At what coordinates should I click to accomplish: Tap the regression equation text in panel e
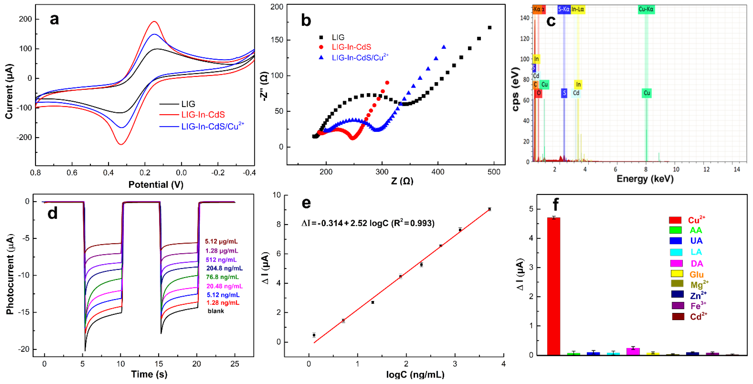click(x=368, y=223)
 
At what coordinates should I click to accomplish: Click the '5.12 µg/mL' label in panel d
click(x=221, y=242)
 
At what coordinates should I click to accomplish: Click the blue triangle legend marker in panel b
click(x=321, y=58)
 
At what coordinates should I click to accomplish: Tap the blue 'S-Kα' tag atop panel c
click(x=564, y=9)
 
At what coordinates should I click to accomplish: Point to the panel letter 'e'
click(x=306, y=203)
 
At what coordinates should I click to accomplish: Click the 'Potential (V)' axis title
click(x=156, y=185)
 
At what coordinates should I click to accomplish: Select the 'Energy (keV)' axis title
click(x=645, y=179)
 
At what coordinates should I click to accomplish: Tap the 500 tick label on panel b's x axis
click(x=494, y=172)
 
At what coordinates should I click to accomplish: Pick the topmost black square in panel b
click(x=490, y=27)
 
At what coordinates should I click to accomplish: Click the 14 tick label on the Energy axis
click(x=737, y=169)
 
